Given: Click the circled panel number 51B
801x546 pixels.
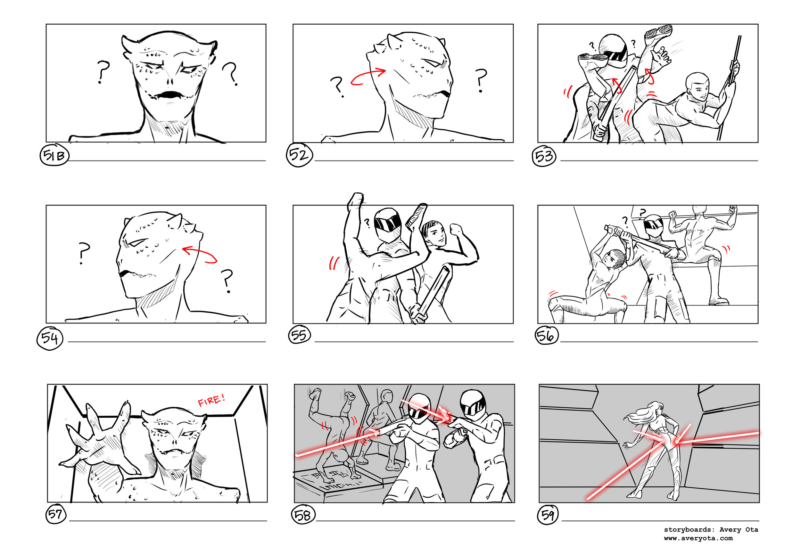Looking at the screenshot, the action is tap(54, 156).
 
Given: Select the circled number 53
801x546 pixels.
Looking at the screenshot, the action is tap(544, 156).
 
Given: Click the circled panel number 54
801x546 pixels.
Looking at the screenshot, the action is tap(50, 338).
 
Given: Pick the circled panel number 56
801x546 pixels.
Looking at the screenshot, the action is tap(546, 336).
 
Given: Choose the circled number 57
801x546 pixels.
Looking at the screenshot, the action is tap(55, 515).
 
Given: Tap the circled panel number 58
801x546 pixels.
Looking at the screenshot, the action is tap(303, 515).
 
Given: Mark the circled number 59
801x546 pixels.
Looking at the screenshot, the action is tap(548, 515).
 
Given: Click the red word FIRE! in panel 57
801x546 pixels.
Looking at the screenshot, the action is tap(211, 400).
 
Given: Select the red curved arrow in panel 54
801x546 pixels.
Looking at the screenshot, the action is tap(200, 255).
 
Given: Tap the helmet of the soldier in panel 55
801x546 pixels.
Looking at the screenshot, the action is tap(388, 224).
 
